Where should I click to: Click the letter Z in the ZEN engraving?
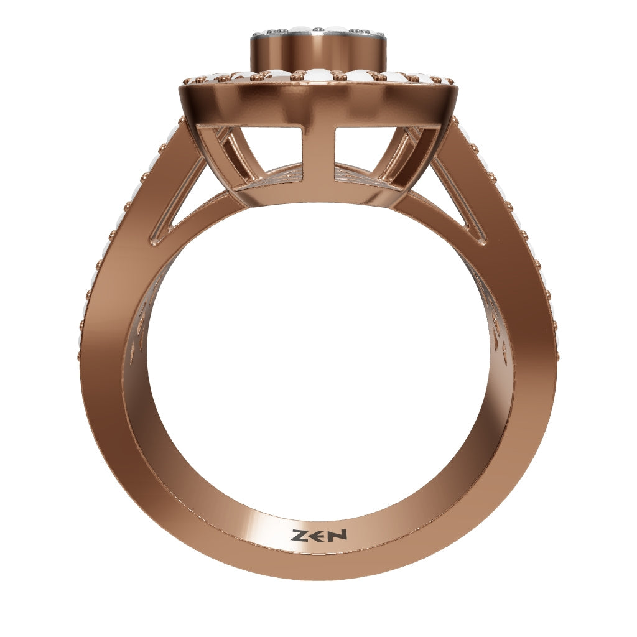point(299,536)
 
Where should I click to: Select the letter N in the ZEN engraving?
point(338,534)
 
